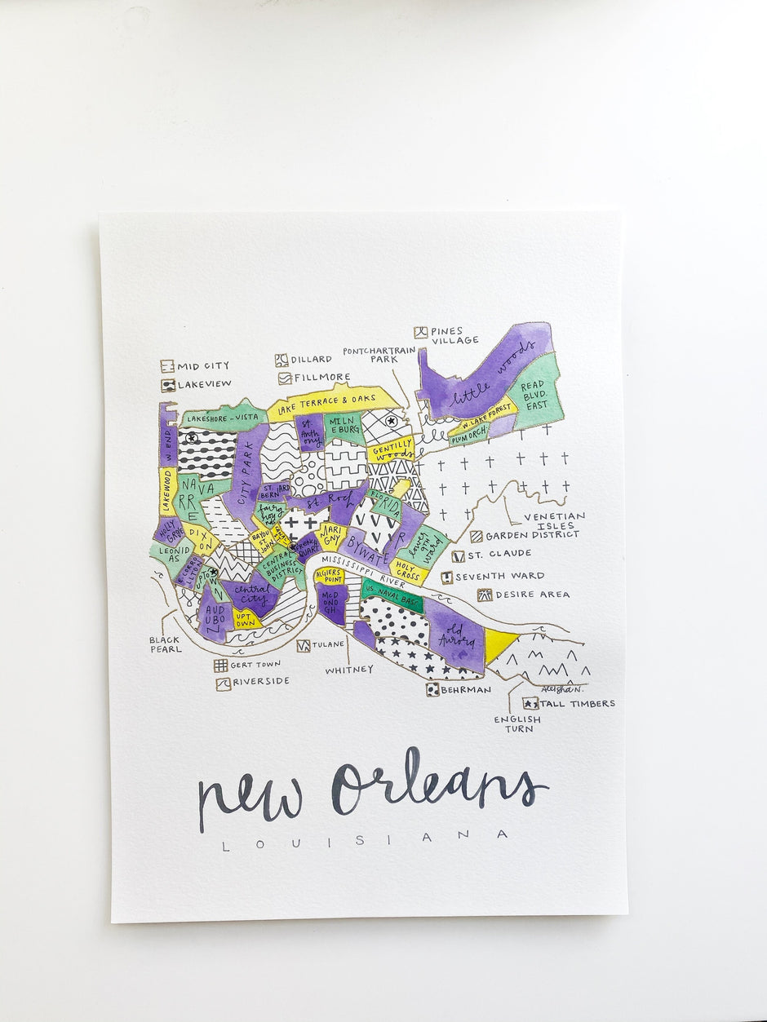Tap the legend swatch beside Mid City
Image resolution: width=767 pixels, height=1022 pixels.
point(167,366)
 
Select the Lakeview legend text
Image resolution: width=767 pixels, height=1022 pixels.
point(204,383)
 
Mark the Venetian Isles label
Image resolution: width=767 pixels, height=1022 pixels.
point(554,521)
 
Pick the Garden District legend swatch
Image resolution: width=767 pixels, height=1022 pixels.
point(476,537)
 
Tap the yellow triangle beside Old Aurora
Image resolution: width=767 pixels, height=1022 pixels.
point(499,644)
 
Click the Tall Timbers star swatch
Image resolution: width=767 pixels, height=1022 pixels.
point(530,703)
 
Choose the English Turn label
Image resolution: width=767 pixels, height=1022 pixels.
point(517,723)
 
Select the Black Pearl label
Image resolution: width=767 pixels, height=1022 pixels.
point(166,644)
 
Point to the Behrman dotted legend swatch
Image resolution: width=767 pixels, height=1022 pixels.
point(432,689)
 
